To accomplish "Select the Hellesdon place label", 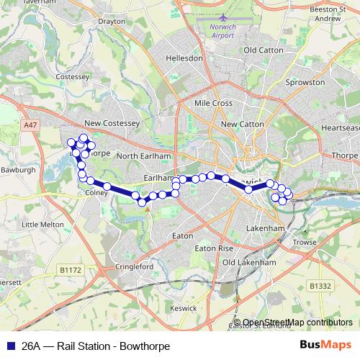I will point(184,58).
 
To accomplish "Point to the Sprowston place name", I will point(286,83).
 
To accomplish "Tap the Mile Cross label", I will point(213,104).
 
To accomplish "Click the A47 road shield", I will point(30,125).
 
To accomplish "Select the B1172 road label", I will point(71,270).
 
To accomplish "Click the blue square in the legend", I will point(9,346).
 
